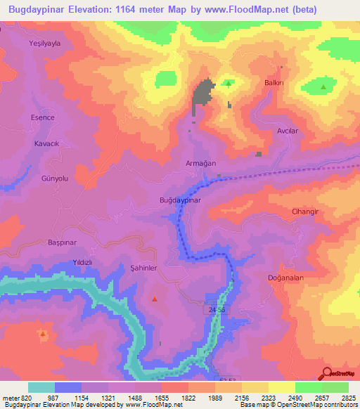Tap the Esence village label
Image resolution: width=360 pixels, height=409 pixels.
click(42, 117)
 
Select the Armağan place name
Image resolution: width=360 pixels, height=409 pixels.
click(200, 162)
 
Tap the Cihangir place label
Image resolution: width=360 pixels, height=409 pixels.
click(305, 211)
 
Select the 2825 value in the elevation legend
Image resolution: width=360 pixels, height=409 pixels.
click(348, 398)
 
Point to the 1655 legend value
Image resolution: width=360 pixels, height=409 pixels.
click(161, 398)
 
